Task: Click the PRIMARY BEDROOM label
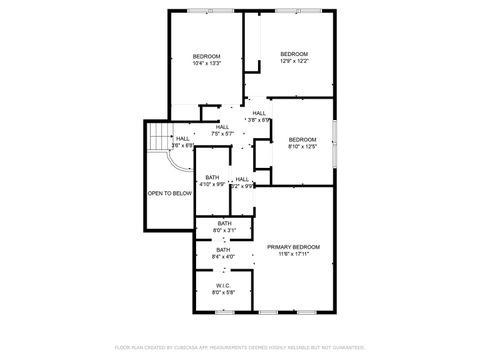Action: (x=293, y=246)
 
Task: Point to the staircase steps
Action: (x=158, y=136)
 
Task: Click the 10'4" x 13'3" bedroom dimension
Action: (x=206, y=63)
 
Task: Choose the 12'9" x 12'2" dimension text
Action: (x=293, y=61)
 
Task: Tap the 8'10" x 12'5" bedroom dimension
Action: (x=302, y=146)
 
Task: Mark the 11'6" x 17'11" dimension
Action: (x=293, y=254)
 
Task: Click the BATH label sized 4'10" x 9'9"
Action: (x=212, y=177)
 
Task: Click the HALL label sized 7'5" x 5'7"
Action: (x=222, y=127)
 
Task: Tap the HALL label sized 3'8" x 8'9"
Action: (x=259, y=113)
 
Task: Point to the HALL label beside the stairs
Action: (x=182, y=138)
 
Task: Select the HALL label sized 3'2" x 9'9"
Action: (x=242, y=179)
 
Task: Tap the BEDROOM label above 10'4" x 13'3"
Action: (x=206, y=55)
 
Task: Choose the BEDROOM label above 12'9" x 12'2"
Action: (x=293, y=53)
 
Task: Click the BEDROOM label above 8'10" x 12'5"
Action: (x=302, y=138)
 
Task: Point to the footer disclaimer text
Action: (x=240, y=347)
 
